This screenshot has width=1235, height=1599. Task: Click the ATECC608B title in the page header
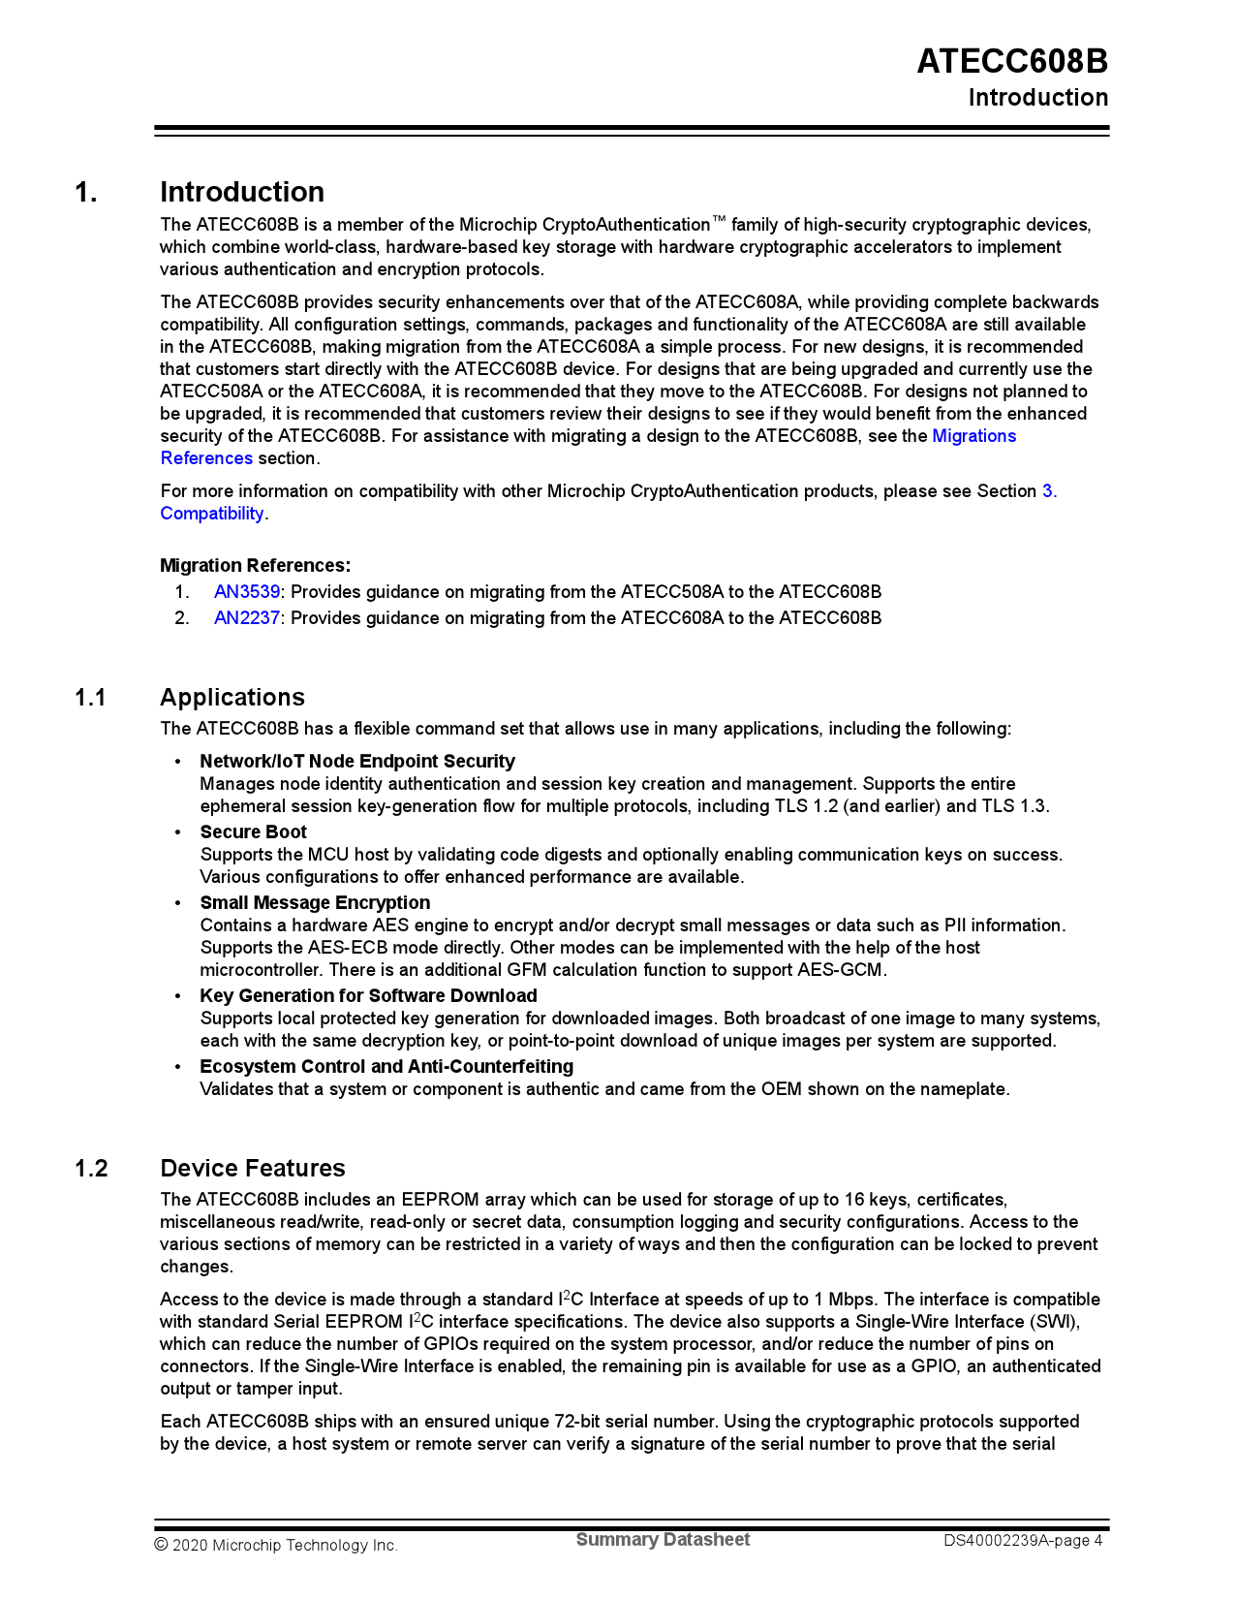[1012, 61]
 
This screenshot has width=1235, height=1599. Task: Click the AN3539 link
[247, 591]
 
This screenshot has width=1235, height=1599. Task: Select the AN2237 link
[247, 617]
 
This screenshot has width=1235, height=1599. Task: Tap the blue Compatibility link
[212, 514]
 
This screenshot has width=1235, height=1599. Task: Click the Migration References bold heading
[255, 565]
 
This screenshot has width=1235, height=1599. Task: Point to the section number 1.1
[90, 698]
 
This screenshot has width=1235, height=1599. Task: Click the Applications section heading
[232, 698]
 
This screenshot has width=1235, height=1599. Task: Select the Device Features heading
[252, 1168]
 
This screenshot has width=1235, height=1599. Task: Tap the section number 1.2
[91, 1168]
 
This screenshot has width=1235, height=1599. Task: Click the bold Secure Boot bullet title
[253, 831]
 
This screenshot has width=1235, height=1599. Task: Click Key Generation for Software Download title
[368, 995]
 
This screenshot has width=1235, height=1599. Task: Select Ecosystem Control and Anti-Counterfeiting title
[386, 1066]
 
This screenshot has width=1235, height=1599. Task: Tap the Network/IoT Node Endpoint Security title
[357, 761]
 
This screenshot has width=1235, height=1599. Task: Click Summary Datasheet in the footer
[663, 1540]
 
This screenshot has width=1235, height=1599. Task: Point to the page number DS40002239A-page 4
[1023, 1540]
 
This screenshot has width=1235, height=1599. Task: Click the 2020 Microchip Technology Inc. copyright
[276, 1545]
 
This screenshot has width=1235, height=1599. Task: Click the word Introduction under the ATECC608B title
[1037, 98]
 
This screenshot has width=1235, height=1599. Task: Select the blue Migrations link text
[973, 436]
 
